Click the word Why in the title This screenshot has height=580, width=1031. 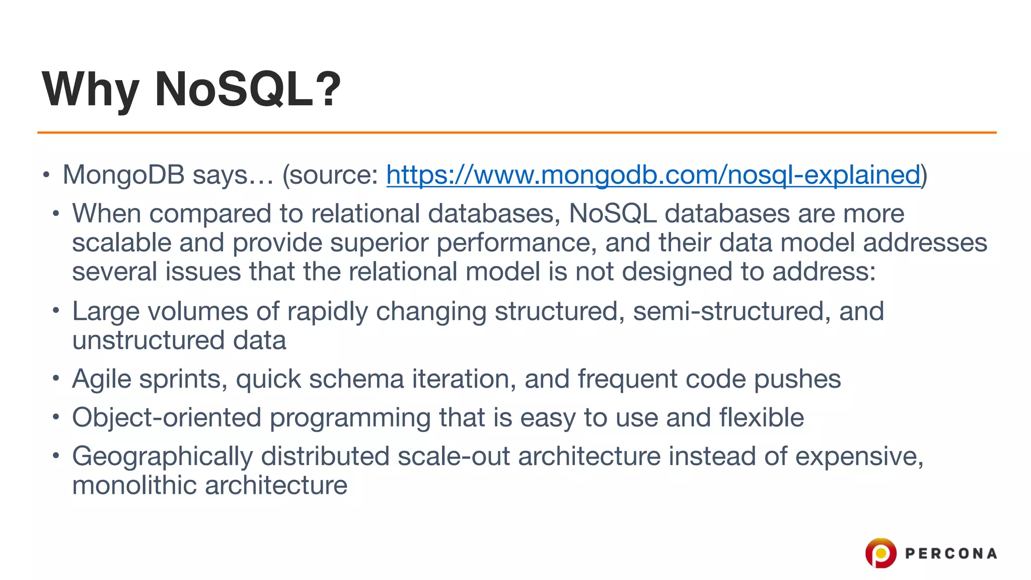click(x=90, y=90)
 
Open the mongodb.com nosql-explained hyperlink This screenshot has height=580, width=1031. click(x=653, y=175)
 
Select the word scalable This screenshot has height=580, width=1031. click(x=122, y=243)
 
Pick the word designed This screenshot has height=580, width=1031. click(x=677, y=272)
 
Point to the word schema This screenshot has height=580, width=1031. click(x=356, y=379)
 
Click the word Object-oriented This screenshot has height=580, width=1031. click(x=167, y=418)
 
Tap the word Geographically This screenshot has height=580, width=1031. click(x=162, y=457)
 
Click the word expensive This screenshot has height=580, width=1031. click(x=858, y=457)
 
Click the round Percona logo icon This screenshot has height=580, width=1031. click(x=880, y=553)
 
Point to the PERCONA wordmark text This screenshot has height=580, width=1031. click(x=951, y=554)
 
